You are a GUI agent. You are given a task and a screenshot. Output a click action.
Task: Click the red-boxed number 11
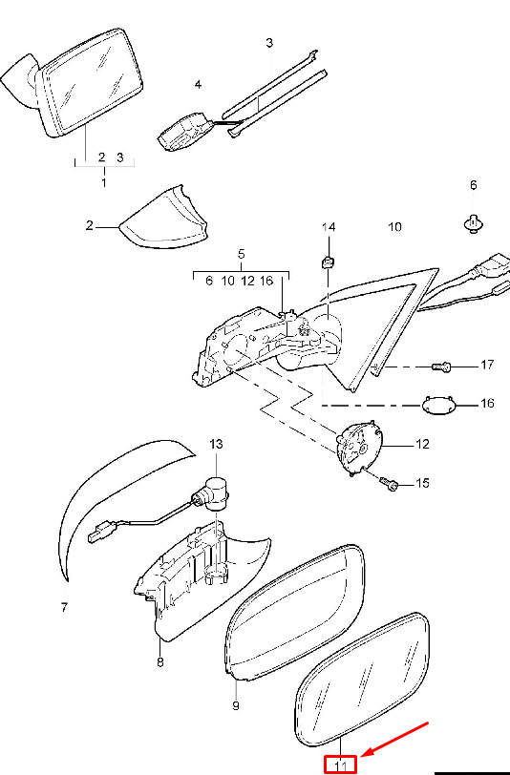pos(340,765)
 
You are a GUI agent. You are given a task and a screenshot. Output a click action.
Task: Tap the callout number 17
pos(487,365)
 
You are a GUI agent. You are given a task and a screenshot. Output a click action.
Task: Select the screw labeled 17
pos(442,367)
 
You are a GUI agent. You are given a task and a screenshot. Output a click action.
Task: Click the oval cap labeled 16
pos(438,405)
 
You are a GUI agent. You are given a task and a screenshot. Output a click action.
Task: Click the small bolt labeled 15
pos(389,483)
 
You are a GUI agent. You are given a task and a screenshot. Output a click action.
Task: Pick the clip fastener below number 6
pos(474,224)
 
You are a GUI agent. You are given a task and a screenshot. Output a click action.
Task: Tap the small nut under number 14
pos(327,261)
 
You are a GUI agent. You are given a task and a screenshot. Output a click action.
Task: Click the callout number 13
pos(216,444)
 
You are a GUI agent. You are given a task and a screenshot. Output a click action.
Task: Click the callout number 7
pos(64,607)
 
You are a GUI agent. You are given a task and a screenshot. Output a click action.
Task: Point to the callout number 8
pos(159,661)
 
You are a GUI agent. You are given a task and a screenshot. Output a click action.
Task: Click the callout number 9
pos(236,705)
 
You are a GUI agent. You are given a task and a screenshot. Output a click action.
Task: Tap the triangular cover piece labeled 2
pos(164,218)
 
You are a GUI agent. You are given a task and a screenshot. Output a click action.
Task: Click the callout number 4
pos(198,85)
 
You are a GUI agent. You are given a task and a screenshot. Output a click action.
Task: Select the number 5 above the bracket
pos(241,254)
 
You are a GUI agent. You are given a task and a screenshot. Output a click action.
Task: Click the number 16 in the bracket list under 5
pos(266,281)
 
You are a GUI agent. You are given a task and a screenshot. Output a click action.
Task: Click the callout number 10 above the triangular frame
pos(394,227)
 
